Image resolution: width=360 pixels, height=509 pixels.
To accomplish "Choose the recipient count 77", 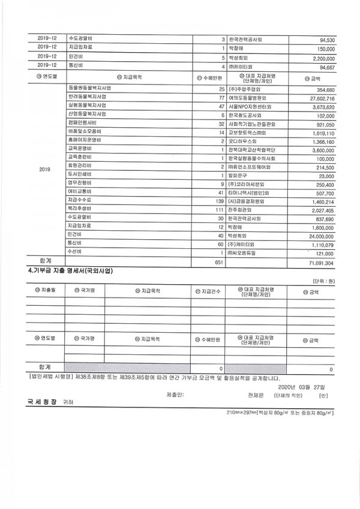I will coord(220,97).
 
